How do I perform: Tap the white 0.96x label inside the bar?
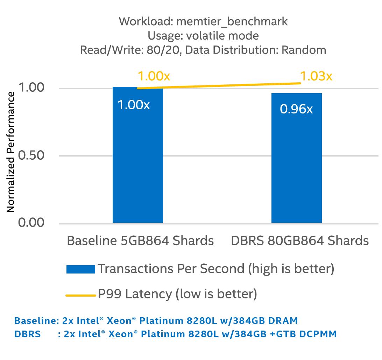(x=296, y=109)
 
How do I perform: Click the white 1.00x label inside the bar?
(x=133, y=105)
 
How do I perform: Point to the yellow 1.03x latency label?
(x=316, y=76)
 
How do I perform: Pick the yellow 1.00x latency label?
(x=154, y=76)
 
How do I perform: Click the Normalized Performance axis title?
(x=11, y=152)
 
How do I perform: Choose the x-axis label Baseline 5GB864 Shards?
(x=140, y=241)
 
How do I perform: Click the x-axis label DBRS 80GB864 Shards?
(x=300, y=241)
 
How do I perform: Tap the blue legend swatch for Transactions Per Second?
(x=80, y=269)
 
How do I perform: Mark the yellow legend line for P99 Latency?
(x=80, y=296)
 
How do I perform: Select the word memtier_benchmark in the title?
(x=232, y=22)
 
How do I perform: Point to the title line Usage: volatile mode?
(x=203, y=36)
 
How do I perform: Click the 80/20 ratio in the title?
(x=166, y=50)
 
